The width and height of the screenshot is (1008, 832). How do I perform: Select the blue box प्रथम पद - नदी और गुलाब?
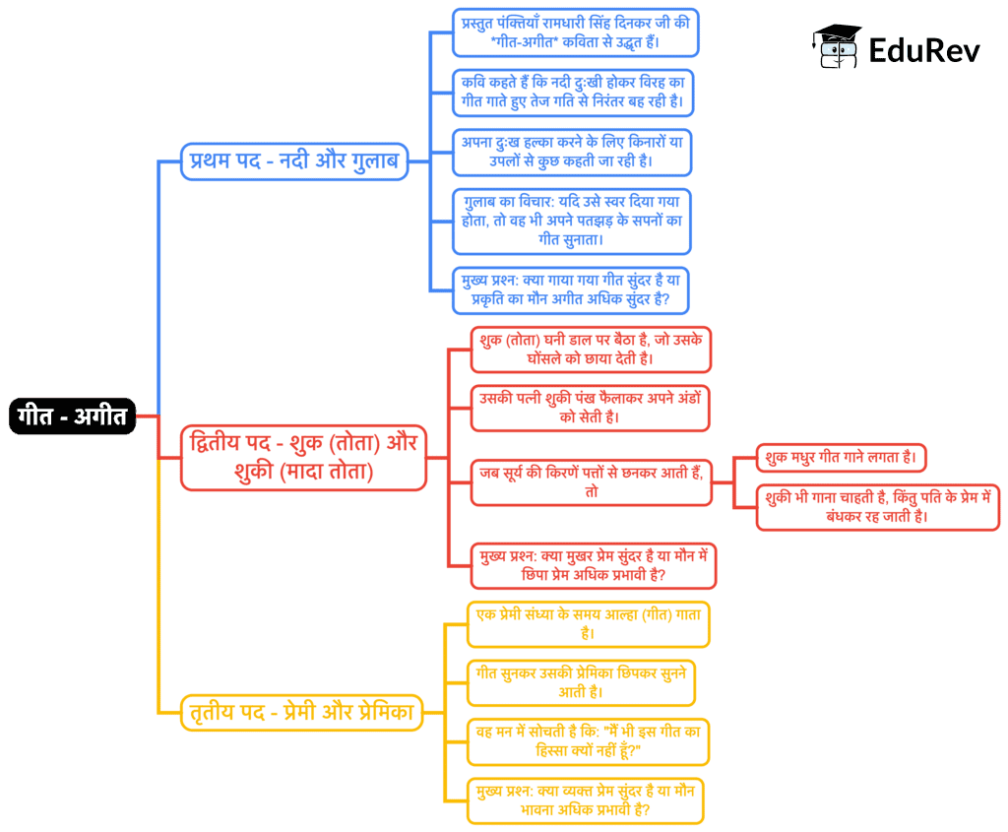(294, 161)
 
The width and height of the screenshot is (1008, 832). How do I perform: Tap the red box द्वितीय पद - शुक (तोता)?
(303, 457)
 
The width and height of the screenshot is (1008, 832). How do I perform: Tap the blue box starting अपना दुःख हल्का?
(572, 152)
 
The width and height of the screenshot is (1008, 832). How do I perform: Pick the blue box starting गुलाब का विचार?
(572, 221)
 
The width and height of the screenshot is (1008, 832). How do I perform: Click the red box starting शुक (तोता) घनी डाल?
(591, 350)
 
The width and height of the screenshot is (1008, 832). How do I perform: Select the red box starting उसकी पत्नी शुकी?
(591, 408)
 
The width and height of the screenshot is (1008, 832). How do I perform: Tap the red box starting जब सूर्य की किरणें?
(591, 481)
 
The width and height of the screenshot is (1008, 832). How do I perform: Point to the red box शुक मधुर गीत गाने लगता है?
(841, 459)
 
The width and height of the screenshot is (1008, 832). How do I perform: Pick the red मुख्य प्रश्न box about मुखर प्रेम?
(593, 565)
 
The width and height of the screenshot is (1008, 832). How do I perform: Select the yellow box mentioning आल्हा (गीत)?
(588, 623)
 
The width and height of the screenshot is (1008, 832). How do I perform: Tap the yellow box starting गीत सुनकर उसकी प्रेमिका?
(581, 682)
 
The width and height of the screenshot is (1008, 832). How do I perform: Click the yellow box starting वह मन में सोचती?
(588, 741)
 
